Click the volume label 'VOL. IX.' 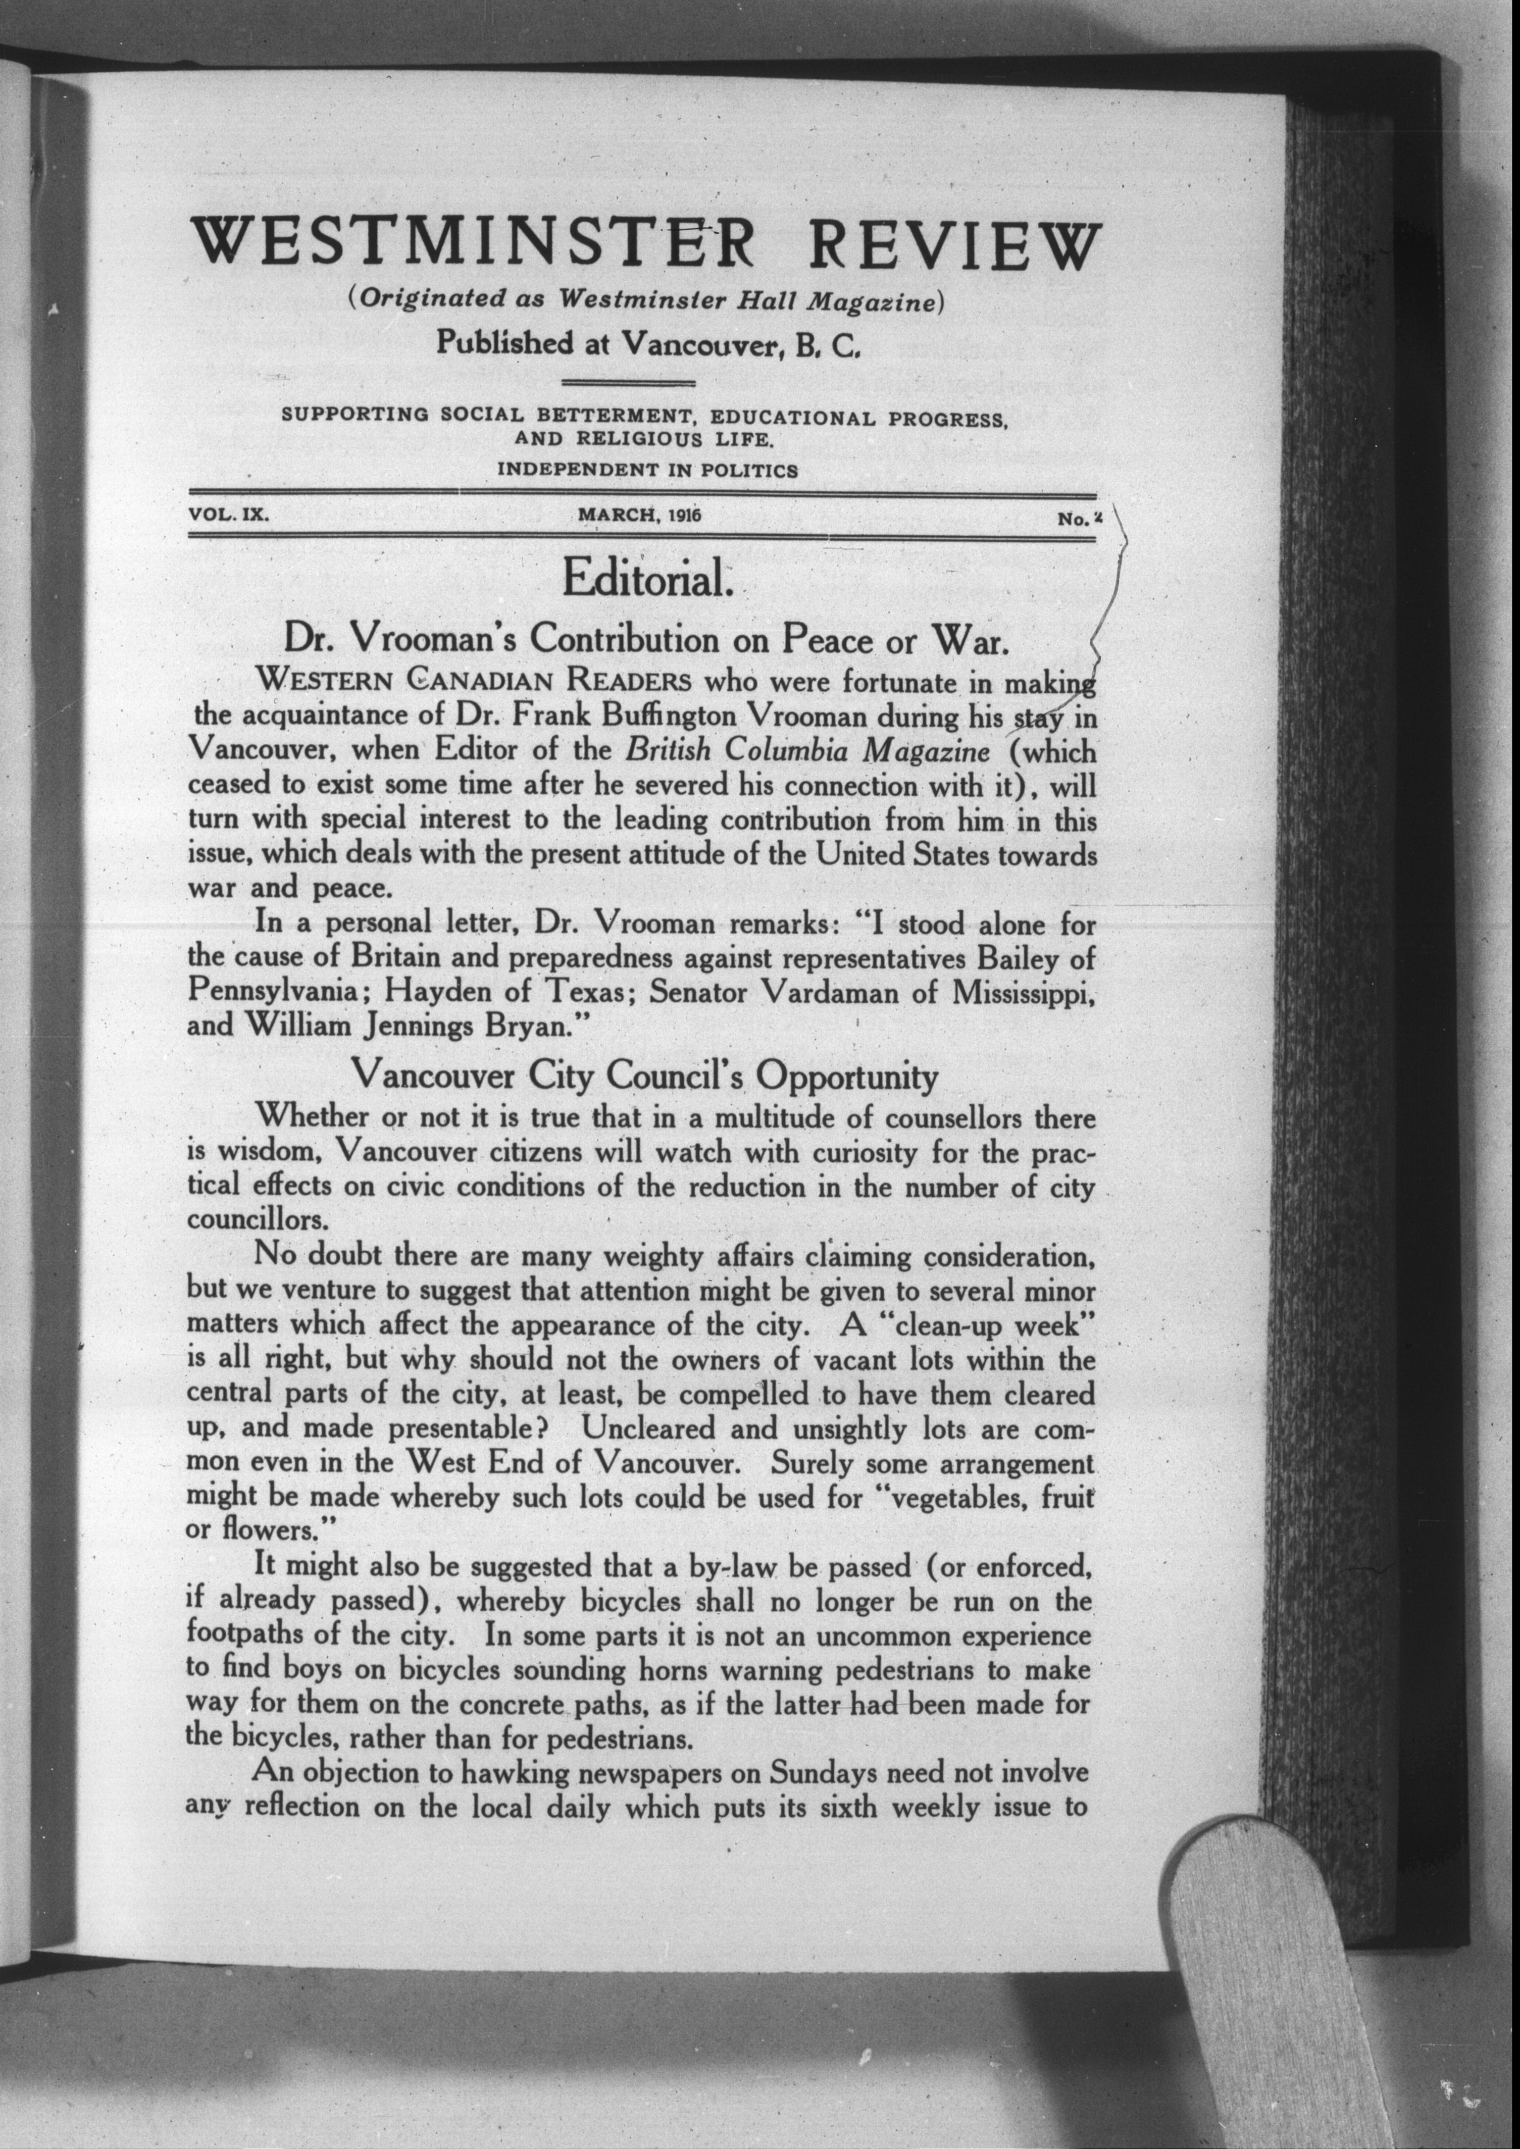click(x=228, y=515)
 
